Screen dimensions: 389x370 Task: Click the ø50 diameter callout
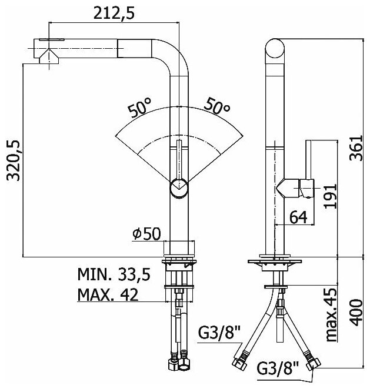(146, 233)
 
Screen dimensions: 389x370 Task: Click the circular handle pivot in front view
(179, 189)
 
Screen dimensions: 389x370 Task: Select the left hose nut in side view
(241, 360)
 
